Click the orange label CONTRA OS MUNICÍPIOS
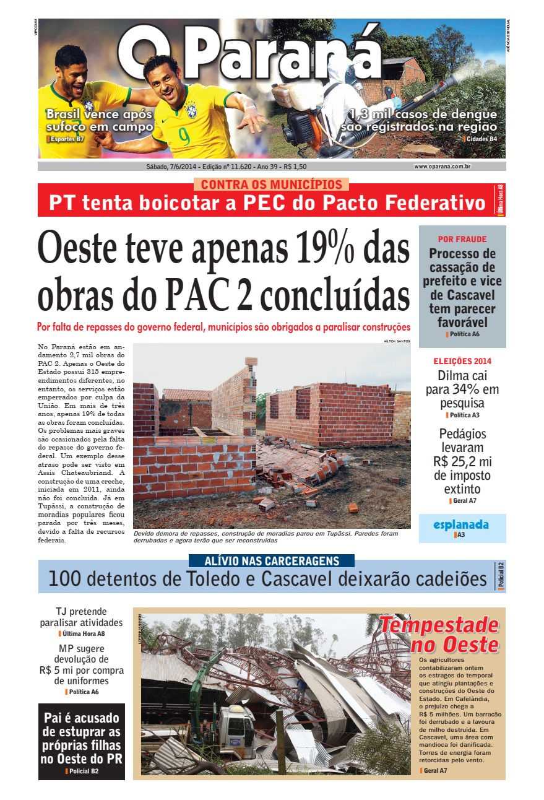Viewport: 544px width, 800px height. pyautogui.click(x=271, y=185)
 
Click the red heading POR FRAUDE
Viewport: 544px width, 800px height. pyautogui.click(x=462, y=239)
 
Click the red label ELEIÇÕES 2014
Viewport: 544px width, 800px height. pyautogui.click(x=462, y=361)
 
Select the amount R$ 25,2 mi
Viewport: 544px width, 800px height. pyautogui.click(x=462, y=461)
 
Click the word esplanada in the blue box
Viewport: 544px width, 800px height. pyautogui.click(x=461, y=524)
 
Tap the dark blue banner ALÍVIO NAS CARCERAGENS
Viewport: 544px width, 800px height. pyautogui.click(x=272, y=561)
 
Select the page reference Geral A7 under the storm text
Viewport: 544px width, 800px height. pyautogui.click(x=435, y=770)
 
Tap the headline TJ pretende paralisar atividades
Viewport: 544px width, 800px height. pyautogui.click(x=81, y=617)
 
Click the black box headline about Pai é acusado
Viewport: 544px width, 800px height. pyautogui.click(x=81, y=739)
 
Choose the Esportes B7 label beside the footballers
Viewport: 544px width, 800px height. pyautogui.click(x=67, y=139)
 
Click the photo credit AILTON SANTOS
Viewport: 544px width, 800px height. pyautogui.click(x=397, y=341)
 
